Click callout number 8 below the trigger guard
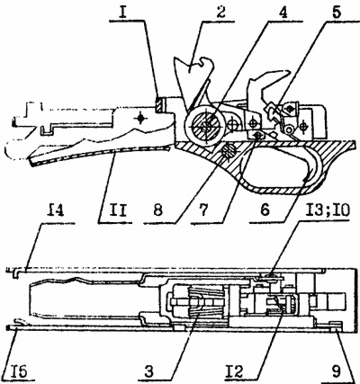coord(157,210)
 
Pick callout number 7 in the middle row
coord(202,210)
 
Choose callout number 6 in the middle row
coord(265,210)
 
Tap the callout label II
coord(115,210)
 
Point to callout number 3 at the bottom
coord(149,372)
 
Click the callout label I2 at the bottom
coord(235,372)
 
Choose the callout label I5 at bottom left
coord(19,372)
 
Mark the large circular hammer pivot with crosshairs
coord(205,126)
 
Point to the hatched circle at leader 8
coord(227,150)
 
